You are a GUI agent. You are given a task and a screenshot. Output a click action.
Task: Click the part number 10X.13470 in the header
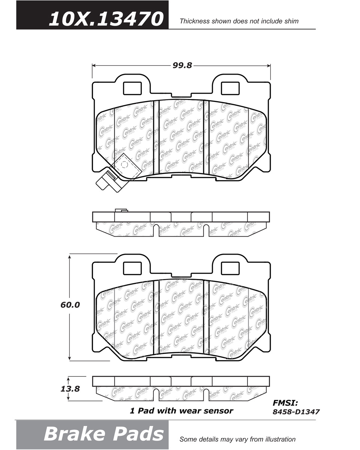click(x=106, y=19)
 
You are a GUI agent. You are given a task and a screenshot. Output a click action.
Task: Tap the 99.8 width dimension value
click(x=182, y=66)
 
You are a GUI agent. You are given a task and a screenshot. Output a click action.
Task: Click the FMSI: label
click(x=285, y=403)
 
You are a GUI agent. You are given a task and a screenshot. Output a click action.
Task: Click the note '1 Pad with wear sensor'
click(x=181, y=411)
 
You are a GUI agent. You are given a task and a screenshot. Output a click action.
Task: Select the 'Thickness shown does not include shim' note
click(x=239, y=21)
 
